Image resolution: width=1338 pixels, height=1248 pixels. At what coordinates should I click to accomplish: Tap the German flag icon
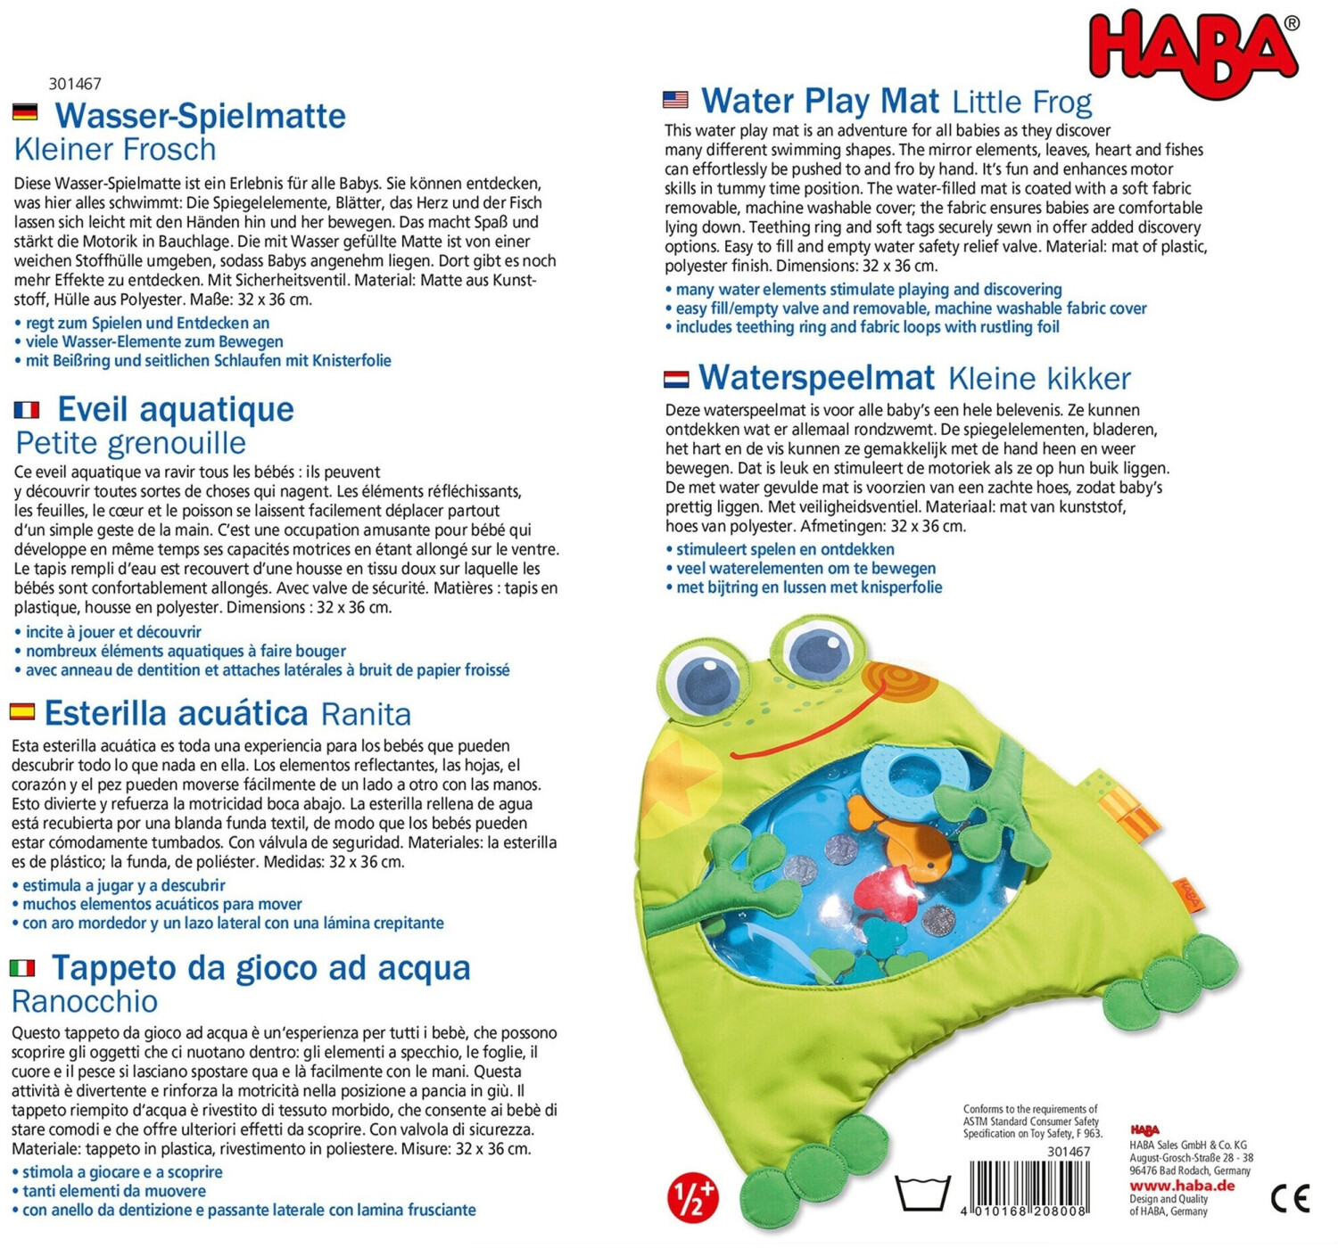coord(25,112)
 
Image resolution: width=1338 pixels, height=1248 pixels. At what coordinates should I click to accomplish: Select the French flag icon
coord(27,409)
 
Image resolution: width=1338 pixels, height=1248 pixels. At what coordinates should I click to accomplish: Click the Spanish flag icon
coord(22,711)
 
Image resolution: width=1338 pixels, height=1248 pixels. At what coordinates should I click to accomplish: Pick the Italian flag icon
coord(22,967)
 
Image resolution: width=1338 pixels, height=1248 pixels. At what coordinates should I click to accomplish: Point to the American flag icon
coord(675,100)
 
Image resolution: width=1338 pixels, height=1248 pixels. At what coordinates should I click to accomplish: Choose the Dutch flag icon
coord(675,380)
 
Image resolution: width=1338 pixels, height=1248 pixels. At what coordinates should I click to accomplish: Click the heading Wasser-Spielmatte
coord(200,116)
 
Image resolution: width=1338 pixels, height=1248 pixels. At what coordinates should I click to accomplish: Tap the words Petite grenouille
coord(131,443)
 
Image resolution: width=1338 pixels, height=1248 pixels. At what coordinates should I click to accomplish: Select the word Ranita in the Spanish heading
coord(366,715)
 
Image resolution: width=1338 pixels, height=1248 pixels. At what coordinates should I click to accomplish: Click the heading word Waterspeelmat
coord(816,378)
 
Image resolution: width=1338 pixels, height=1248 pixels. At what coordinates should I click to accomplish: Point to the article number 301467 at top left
coord(75,84)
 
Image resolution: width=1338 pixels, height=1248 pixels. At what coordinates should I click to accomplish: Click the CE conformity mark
coord(1290,1198)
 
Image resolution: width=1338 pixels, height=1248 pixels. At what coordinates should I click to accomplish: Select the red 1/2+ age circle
coord(693,1197)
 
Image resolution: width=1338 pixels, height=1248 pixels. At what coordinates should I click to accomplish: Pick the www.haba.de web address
coord(1182,1186)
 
